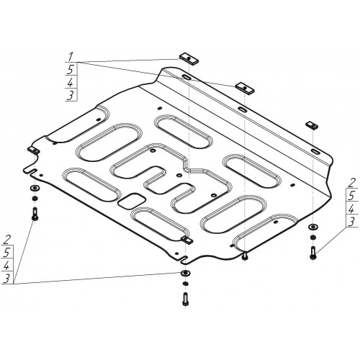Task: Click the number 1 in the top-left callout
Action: click(x=71, y=57)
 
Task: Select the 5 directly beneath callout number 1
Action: click(x=71, y=70)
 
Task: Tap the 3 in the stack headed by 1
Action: click(x=71, y=95)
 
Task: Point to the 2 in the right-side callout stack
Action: click(x=351, y=184)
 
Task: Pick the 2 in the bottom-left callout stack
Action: click(x=8, y=240)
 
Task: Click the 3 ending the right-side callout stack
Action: click(x=351, y=222)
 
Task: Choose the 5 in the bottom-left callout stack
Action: click(x=7, y=252)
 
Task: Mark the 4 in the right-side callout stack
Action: click(x=351, y=210)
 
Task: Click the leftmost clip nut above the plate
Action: click(x=189, y=58)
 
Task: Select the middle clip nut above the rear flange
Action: click(x=245, y=88)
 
